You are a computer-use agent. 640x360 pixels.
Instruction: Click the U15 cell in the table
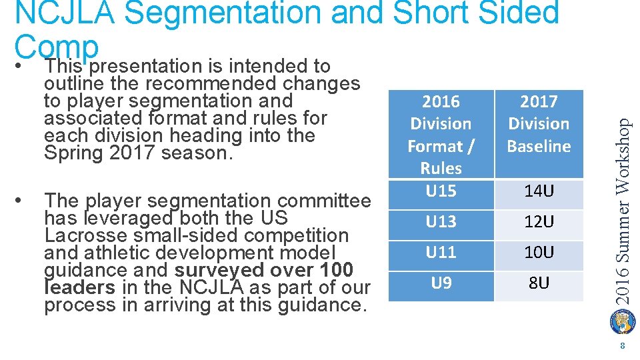click(441, 191)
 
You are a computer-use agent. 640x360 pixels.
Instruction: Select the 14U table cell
click(539, 192)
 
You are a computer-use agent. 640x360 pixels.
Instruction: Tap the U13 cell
click(441, 221)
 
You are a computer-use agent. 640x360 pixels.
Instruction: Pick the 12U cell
click(539, 221)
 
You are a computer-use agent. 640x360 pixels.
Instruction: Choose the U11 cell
click(441, 252)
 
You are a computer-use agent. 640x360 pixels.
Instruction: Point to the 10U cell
click(539, 252)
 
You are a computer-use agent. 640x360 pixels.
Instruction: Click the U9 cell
click(441, 283)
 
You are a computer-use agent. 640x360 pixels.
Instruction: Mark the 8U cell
click(539, 283)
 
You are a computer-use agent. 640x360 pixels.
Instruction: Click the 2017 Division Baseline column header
click(539, 124)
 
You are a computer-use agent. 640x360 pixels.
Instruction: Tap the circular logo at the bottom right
click(623, 322)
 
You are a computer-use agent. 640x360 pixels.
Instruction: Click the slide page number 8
click(622, 346)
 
